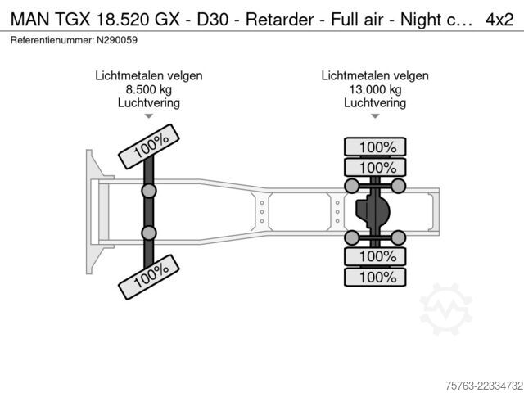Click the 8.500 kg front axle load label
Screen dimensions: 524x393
coord(149,89)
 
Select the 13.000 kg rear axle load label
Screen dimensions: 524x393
coord(375,89)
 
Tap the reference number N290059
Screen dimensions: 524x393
coord(117,40)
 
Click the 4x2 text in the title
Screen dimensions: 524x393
coord(499,20)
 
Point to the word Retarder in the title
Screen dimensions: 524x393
coord(280,20)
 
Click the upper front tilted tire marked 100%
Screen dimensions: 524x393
coord(149,147)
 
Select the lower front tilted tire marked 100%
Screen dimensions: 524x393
coord(149,277)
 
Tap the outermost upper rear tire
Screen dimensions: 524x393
coord(375,147)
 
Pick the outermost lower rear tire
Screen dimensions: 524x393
coord(375,277)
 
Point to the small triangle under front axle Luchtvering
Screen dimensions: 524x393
coord(149,116)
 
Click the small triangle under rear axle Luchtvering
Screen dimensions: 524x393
coord(375,116)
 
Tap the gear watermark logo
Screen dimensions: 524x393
coord(446,309)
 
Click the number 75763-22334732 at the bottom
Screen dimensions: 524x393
coord(484,386)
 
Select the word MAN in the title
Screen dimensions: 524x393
coord(29,20)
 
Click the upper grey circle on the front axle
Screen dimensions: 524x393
coord(149,191)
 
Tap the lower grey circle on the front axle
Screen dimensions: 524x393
coord(149,233)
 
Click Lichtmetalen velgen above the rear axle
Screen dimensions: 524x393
coord(375,76)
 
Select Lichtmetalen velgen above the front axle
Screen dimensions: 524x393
coord(149,76)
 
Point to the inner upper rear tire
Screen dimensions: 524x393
coord(375,167)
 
